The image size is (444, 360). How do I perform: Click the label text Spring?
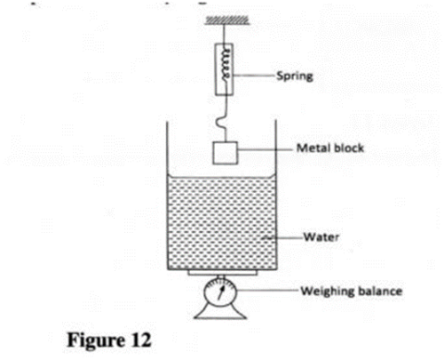pos(295,76)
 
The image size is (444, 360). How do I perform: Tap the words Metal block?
pos(330,148)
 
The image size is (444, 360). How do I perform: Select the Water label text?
pos(321,237)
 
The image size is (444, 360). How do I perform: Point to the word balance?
pos(377,291)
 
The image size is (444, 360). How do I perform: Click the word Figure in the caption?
pos(96,340)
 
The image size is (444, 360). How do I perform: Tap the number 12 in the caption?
pos(140,340)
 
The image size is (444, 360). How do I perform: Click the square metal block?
pos(225,153)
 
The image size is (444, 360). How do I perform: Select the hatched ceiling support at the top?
pos(227,20)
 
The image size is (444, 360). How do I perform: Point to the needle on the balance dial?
pos(221,292)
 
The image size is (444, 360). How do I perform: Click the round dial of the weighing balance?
pos(220,292)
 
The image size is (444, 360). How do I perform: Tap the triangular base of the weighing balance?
pos(220,312)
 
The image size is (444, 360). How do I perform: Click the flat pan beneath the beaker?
pos(222,273)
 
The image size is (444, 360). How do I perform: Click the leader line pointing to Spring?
pos(253,76)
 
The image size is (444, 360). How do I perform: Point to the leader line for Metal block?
pos(266,149)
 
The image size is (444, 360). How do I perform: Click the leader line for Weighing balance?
pos(267,290)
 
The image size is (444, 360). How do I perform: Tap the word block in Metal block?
pos(348,148)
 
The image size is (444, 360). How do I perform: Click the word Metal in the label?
pos(313,148)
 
